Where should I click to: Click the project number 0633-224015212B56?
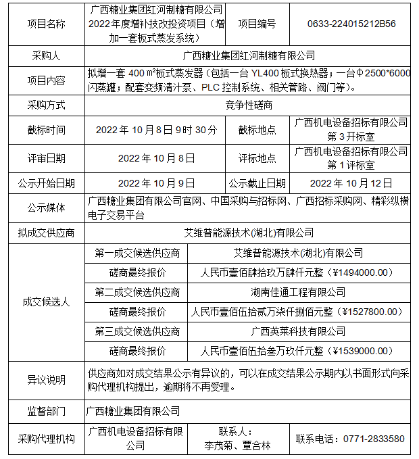click(x=351, y=24)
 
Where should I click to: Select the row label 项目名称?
click(x=46, y=24)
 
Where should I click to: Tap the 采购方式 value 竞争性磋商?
click(x=249, y=105)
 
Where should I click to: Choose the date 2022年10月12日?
click(x=351, y=183)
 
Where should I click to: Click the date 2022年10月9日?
click(x=157, y=183)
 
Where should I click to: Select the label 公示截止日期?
click(x=257, y=183)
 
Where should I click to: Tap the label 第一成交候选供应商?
click(x=138, y=253)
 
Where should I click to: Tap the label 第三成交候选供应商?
click(x=138, y=332)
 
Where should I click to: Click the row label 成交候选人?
click(x=46, y=302)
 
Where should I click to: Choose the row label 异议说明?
click(x=46, y=381)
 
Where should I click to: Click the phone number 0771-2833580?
click(x=351, y=439)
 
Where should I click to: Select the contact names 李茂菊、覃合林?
click(x=238, y=445)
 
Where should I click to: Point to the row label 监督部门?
click(x=46, y=411)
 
